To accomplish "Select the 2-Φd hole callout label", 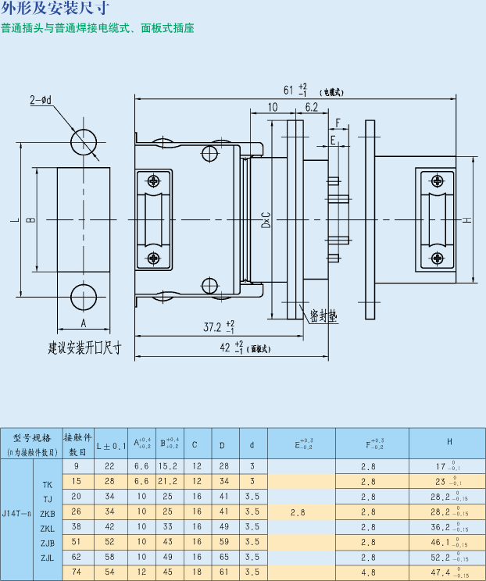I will (x=41, y=100).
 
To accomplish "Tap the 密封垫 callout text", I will (x=322, y=315).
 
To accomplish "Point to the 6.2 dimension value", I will (x=310, y=107).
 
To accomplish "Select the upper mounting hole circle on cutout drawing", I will (x=84, y=143).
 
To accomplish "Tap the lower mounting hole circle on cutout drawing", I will (x=84, y=296).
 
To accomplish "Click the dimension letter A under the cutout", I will (x=83, y=322).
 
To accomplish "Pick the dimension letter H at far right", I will (x=466, y=219).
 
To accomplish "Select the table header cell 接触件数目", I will (x=77, y=444).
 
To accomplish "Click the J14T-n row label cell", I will (x=16, y=514).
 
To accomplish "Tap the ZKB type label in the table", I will (x=48, y=514).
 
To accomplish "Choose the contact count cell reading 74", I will (x=77, y=572).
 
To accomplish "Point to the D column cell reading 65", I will (x=223, y=558).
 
